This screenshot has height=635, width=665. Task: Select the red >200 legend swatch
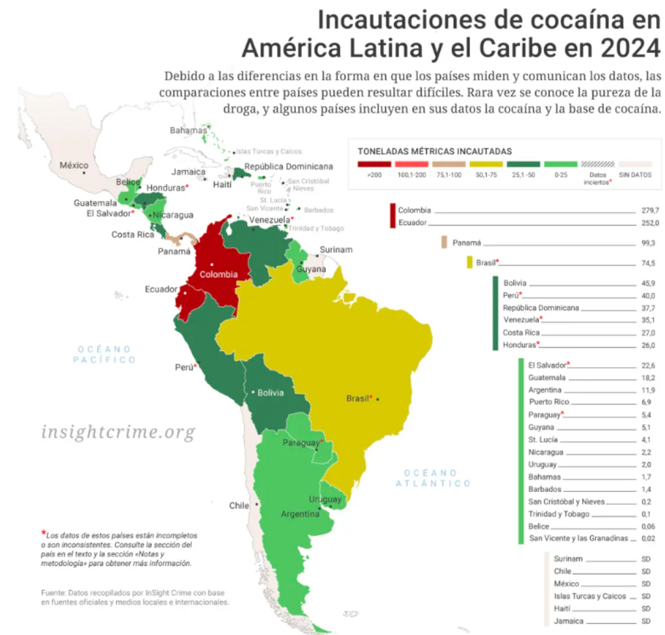pos(374,164)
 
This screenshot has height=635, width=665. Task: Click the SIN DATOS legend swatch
pos(634,164)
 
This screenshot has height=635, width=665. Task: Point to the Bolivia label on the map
pos(271,392)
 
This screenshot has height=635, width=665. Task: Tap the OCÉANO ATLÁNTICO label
pos(434,478)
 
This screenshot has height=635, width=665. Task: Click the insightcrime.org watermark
pos(118,431)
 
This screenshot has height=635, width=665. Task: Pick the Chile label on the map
pos(238,505)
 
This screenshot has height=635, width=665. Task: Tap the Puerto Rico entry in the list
pos(549,402)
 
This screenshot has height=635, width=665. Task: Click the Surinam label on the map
pos(336,249)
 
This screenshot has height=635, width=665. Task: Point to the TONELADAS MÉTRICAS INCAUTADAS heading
pos(434,151)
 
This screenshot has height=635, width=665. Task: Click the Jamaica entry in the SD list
pos(567,621)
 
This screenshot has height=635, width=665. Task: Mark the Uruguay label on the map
pos(325,499)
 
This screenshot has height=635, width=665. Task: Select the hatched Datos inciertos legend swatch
pos(598,164)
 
